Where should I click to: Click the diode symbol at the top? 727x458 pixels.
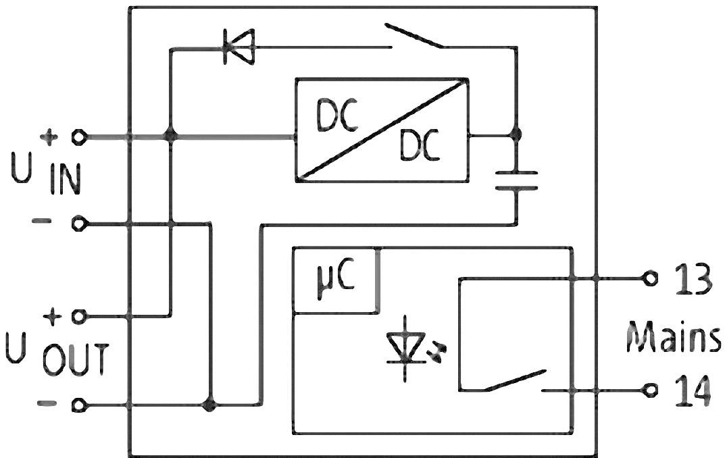[238, 48]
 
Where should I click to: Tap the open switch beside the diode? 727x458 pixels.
[413, 37]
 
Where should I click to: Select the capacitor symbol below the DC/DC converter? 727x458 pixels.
[516, 180]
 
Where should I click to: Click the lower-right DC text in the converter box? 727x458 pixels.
[419, 145]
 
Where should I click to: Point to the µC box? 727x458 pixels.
[335, 281]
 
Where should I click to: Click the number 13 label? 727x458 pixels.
[692, 278]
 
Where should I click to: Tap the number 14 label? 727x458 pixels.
[692, 390]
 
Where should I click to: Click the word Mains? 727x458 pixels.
[672, 336]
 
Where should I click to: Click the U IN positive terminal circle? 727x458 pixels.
[80, 137]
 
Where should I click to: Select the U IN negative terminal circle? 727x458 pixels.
[80, 224]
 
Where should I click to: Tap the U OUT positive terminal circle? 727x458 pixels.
[80, 315]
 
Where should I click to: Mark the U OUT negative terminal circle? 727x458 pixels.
[80, 405]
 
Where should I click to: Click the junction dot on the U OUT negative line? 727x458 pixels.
[210, 405]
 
